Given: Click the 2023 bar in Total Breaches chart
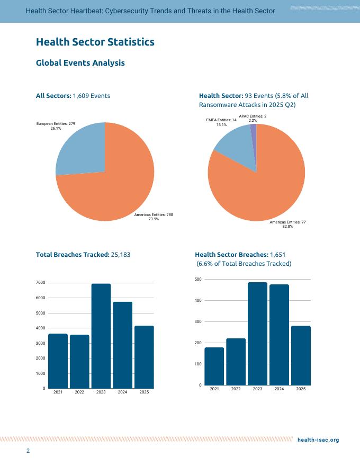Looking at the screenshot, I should pos(101,336).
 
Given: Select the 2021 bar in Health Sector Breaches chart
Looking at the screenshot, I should pos(214,366).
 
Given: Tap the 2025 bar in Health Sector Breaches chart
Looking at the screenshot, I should pos(301,355).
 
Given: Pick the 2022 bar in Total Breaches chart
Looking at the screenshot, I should pos(79,361).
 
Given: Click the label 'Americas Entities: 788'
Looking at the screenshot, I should pos(154,214).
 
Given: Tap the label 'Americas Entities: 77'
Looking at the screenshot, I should pos(287,222).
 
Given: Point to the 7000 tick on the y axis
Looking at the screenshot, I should pos(40,283).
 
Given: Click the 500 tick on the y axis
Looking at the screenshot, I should pos(197,279).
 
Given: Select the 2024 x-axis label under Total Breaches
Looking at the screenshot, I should pos(122,392).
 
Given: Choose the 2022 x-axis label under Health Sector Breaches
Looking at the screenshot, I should pos(236,389).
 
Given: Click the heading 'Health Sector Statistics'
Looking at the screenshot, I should pos(95,42).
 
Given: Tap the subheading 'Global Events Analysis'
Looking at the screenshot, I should pos(80,63).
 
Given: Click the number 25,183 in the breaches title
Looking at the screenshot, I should pos(121,255).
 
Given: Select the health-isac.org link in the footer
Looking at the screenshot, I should pos(318,440).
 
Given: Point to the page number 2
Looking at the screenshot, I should pos(29,451).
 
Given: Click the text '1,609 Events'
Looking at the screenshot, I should pos(92,96).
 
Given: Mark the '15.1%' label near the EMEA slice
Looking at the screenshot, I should pos(221,125).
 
